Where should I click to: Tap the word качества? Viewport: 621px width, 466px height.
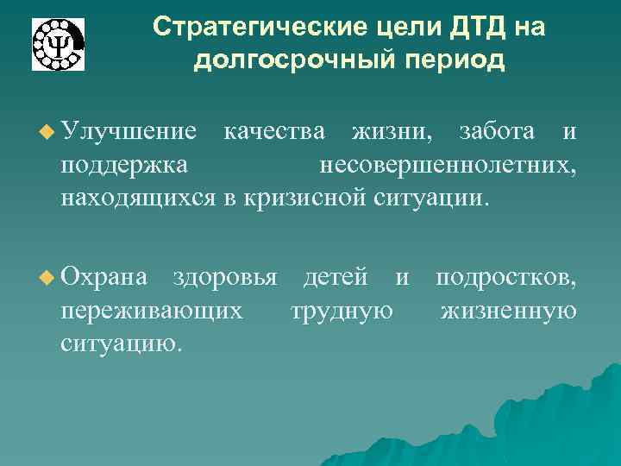pyautogui.click(x=274, y=131)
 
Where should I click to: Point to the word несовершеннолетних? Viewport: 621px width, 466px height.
pyautogui.click(x=448, y=165)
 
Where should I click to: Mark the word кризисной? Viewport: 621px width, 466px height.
pyautogui.click(x=306, y=198)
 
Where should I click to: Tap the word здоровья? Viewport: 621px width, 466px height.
pyautogui.click(x=225, y=277)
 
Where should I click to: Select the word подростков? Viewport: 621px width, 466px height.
pyautogui.click(x=506, y=277)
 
